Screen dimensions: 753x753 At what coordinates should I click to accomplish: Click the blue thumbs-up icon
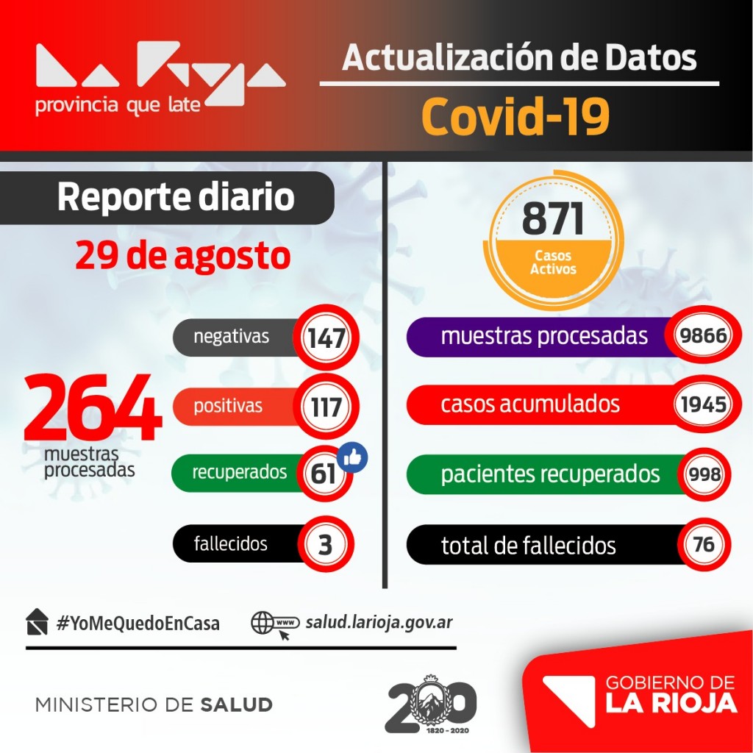pos(353,457)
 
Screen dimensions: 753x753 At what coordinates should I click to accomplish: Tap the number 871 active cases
pos(553,219)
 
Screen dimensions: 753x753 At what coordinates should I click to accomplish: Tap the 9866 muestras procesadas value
pos(703,337)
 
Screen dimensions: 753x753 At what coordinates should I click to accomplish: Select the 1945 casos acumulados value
pos(703,404)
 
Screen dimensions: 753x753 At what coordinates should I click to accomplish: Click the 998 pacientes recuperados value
pos(703,474)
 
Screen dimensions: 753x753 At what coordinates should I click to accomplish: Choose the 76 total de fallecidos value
pos(703,545)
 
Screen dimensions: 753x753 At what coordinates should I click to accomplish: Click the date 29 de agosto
pos(182,256)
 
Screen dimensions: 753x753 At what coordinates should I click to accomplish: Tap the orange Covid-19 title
pos(516,116)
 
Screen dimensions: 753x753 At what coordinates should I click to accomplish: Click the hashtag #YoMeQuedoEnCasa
pos(138,623)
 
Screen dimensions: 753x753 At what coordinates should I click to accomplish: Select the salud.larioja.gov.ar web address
pos(379,623)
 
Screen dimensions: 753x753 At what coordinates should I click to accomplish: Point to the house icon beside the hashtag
pos(37,622)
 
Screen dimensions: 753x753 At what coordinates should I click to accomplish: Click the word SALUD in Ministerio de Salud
pos(236,704)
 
